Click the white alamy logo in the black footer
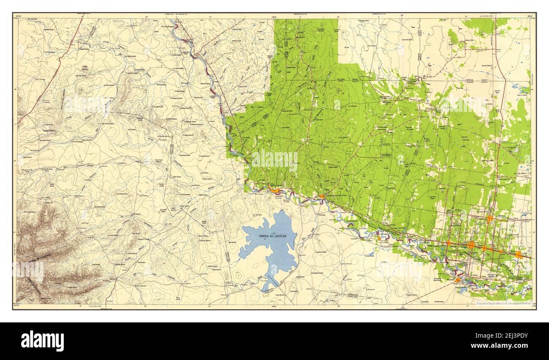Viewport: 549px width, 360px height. click(x=43, y=341)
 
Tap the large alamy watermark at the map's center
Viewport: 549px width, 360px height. click(x=274, y=160)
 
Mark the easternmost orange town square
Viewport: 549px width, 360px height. click(x=519, y=254)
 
